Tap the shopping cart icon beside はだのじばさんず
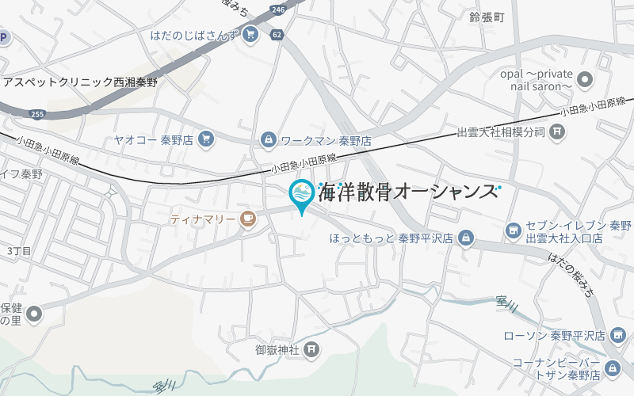(250, 34)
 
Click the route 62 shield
(276, 35)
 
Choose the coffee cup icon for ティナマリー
(248, 219)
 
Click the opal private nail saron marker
(586, 79)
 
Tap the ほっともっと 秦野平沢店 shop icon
(466, 237)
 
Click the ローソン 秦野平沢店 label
(555, 336)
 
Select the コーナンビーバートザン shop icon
(613, 368)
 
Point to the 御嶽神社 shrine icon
(312, 348)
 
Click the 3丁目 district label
(19, 251)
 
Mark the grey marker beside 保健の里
(34, 315)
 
